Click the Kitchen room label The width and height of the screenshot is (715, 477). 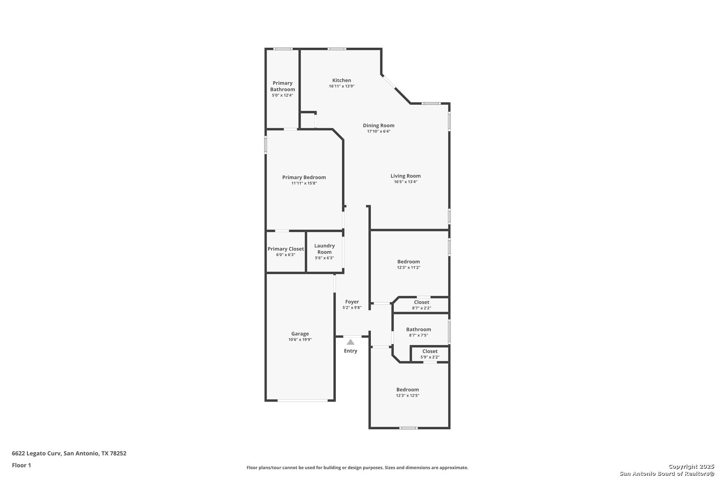point(342,80)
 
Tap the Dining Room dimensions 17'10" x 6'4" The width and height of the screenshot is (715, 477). point(379,131)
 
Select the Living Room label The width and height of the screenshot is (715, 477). point(405,176)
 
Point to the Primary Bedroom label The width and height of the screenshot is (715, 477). point(304,177)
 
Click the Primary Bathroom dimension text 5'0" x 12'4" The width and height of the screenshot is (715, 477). point(282,95)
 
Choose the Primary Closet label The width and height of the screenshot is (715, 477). point(286,249)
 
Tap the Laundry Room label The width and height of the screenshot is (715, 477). point(324,249)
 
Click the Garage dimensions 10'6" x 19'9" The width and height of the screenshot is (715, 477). point(300,340)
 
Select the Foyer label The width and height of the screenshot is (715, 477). point(352,302)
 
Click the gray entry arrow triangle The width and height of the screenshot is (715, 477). point(350,342)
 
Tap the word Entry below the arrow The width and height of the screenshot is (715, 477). point(350,351)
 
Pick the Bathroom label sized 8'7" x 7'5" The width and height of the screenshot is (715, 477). point(418,329)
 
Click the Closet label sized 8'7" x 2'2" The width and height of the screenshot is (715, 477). point(421,302)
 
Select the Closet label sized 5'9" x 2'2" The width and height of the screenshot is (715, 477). point(430,352)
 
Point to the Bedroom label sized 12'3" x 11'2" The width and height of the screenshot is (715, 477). point(409,261)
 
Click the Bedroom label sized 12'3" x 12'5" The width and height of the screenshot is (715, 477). point(408,390)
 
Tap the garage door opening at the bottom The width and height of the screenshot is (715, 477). point(302,400)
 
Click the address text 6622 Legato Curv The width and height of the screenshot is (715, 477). point(36,453)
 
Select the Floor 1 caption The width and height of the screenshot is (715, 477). point(21,465)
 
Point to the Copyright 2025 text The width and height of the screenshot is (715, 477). point(691,466)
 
